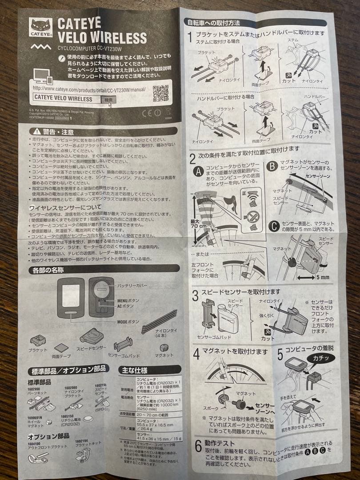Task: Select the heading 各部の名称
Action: (48, 270)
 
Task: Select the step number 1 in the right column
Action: (189, 37)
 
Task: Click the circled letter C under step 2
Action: (274, 226)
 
